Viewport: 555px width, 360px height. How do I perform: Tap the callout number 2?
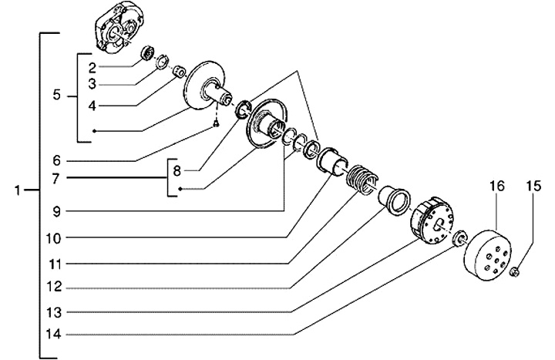91,67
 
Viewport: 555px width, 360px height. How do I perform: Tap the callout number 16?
496,186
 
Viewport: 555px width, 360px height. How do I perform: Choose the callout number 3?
91,82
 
